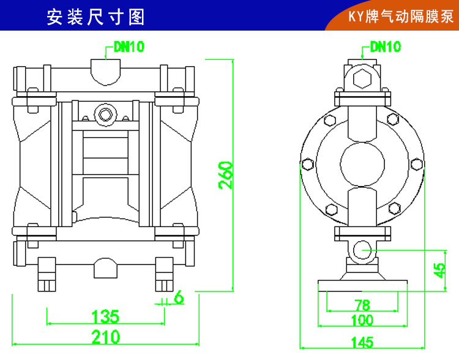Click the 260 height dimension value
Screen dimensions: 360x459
tap(226, 175)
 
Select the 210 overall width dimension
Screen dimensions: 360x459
tap(105, 336)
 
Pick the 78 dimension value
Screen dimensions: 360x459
tap(362, 305)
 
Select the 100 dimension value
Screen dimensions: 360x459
tap(362, 319)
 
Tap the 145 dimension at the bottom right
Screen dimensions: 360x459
tap(362, 342)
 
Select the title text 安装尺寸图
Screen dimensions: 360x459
tap(96, 17)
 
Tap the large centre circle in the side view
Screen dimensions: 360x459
tap(362, 163)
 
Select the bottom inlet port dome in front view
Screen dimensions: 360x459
tap(106, 267)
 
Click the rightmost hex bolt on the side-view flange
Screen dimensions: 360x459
tap(417, 163)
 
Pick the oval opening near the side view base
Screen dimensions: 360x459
tap(362, 249)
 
